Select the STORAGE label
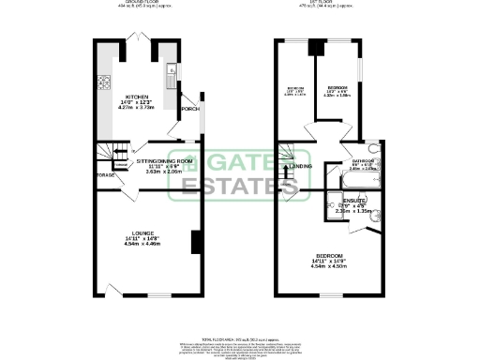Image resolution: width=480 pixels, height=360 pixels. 103,174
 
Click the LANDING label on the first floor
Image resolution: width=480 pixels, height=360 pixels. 301,167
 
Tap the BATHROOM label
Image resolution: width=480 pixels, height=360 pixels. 363,160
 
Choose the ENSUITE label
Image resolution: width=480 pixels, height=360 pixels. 354,201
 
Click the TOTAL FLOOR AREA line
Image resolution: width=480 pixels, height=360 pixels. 241,337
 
